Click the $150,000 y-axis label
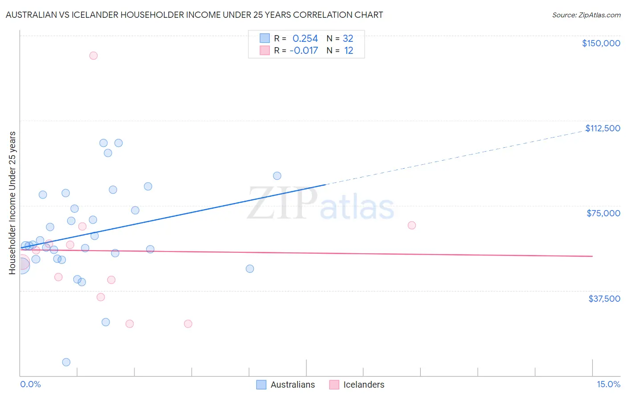point(601,43)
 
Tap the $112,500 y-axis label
point(602,128)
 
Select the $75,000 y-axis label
point(603,213)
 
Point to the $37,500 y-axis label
point(604,299)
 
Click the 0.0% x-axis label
point(30,384)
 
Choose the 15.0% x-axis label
point(608,384)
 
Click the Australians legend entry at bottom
point(292,385)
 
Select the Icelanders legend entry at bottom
point(363,385)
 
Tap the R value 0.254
point(305,39)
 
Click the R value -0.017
point(304,51)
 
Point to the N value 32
point(348,39)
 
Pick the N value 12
point(349,51)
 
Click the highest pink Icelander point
point(93,56)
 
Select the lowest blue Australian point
point(66,362)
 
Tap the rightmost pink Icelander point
point(412,225)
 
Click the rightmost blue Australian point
point(277,176)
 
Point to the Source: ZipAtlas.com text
point(586,15)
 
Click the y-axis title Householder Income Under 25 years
point(12,203)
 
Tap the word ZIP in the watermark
point(282,204)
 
